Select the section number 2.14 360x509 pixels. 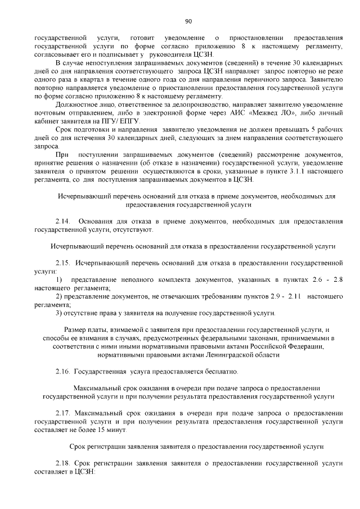62,222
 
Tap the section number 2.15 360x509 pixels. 62,263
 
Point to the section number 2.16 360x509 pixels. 62,372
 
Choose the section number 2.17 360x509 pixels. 62,413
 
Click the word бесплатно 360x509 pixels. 205,372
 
